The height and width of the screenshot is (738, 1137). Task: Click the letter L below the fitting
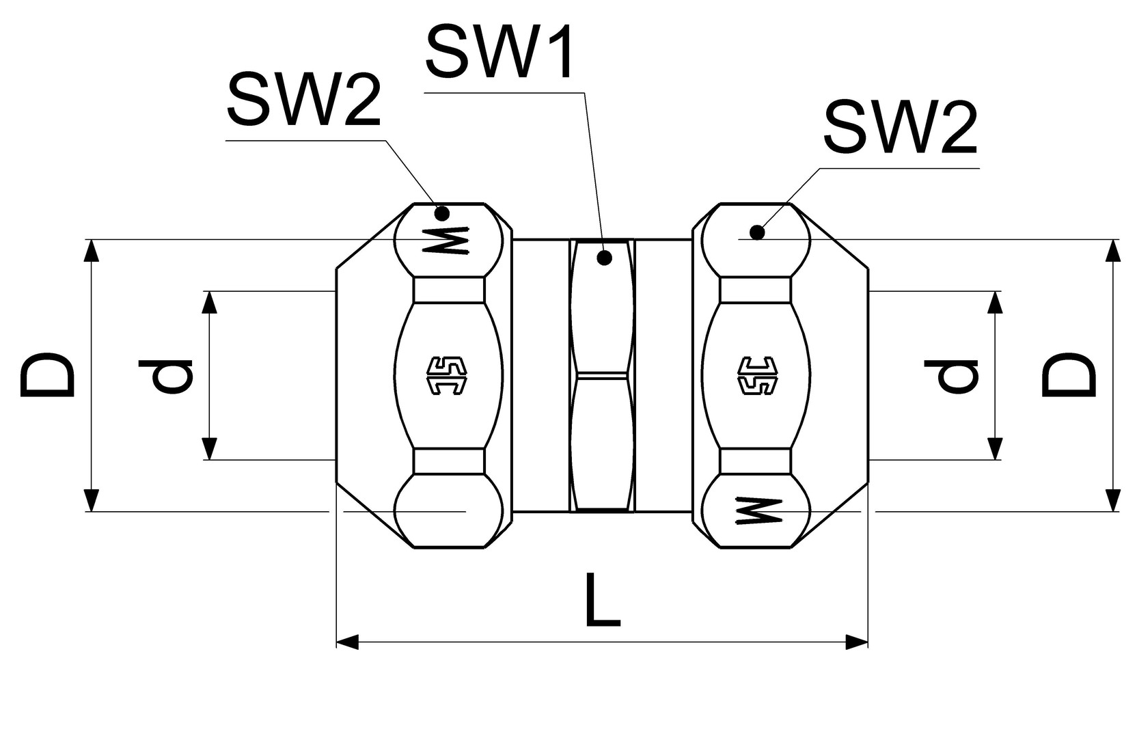coord(602,601)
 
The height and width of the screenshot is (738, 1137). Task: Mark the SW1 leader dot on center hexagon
coord(603,258)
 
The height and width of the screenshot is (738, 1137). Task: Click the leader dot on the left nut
coord(442,213)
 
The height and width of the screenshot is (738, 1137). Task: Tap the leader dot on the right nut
coord(756,232)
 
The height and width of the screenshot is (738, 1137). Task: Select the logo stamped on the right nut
coord(757,376)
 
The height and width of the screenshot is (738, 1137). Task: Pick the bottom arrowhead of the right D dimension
coord(1113,500)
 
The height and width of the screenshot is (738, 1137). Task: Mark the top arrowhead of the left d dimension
coord(210,302)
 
